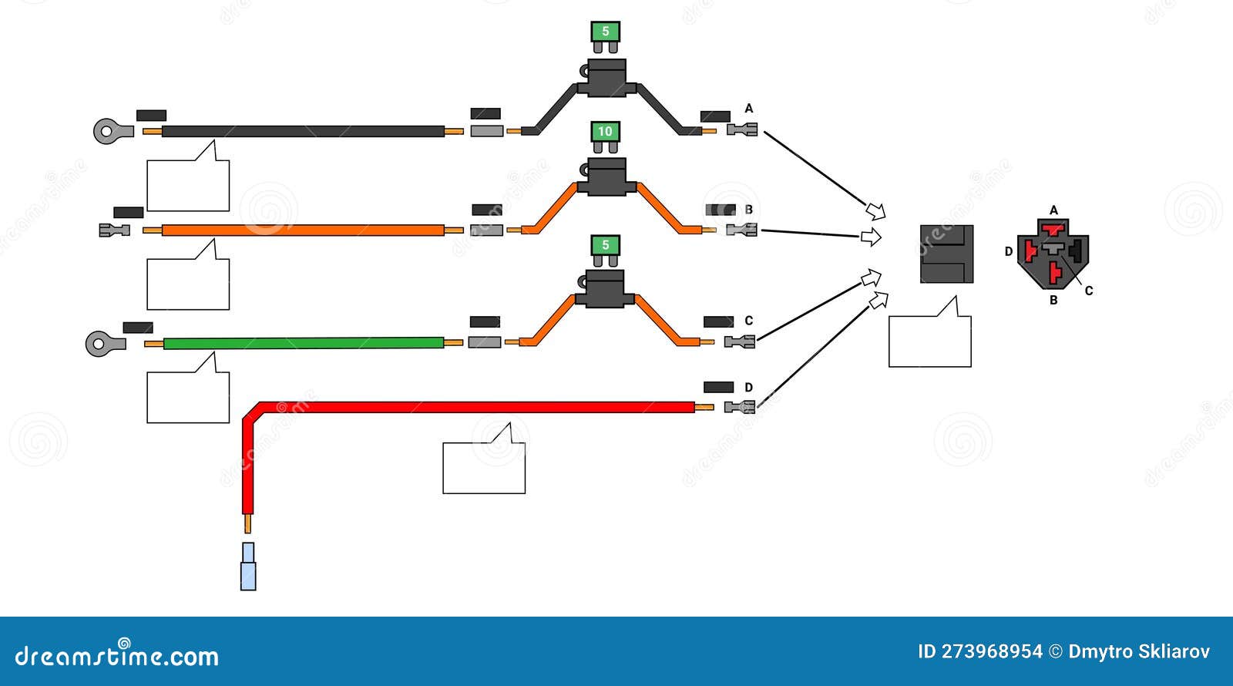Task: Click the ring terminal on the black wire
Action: [x=106, y=131]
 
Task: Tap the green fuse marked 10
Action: [x=605, y=132]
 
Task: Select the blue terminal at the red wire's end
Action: [x=248, y=567]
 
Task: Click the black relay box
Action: [x=946, y=254]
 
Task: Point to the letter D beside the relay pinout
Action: [x=1009, y=251]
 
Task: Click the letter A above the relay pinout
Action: [x=1054, y=210]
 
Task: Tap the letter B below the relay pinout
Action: [x=1053, y=301]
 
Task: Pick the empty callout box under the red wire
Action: [x=484, y=467]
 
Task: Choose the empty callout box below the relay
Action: [x=929, y=341]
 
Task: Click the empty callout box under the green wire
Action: [x=188, y=397]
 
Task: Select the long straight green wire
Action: [x=304, y=342]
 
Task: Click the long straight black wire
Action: [x=304, y=131]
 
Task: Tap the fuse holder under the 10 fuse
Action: [x=606, y=177]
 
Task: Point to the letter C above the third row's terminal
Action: [x=748, y=321]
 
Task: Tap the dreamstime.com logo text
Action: [x=117, y=656]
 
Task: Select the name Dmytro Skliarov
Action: [x=1139, y=652]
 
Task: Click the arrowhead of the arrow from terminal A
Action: [x=875, y=210]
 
